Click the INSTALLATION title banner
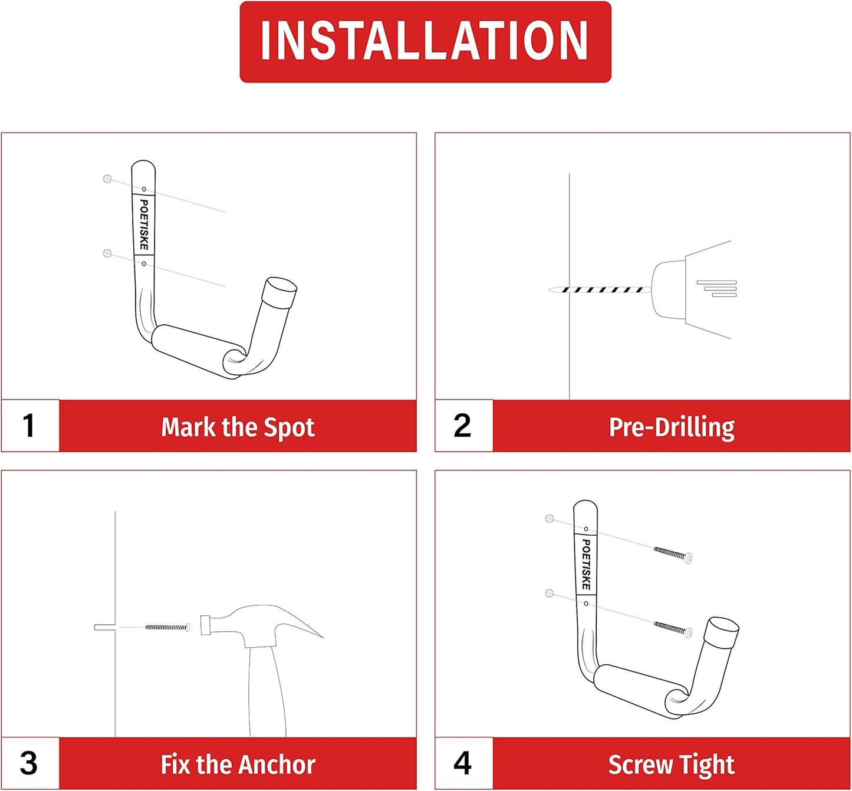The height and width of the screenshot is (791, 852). pos(425,41)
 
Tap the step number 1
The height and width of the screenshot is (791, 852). pos(29,426)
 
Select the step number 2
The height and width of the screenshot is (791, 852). pos(463,426)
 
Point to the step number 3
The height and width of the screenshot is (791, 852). pos(29,763)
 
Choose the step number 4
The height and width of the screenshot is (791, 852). pos(463,763)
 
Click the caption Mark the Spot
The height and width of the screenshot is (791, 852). pos(238,427)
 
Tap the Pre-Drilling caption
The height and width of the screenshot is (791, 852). pos(672,427)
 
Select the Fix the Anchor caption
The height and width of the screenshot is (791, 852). pos(238,764)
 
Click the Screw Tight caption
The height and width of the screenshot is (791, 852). pos(672,764)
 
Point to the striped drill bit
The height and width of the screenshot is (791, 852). pos(601,289)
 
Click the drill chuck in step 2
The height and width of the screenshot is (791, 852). pos(669,289)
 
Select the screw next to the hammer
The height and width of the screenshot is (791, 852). pos(167,628)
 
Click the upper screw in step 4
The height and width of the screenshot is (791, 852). pos(673,553)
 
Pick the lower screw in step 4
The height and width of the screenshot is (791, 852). pos(673,628)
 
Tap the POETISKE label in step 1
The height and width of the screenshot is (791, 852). pos(143,224)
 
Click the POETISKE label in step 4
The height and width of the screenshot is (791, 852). pos(585,564)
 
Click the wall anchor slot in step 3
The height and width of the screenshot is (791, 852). pos(105,627)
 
